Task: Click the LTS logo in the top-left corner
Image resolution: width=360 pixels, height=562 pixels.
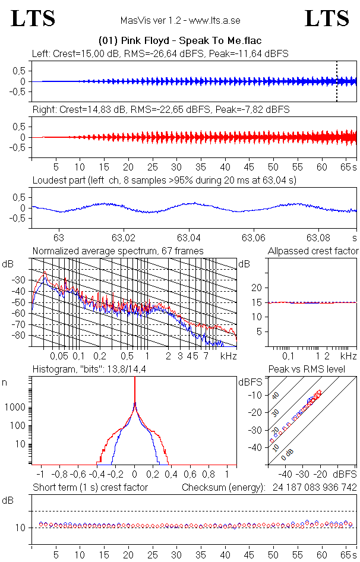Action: tap(33, 19)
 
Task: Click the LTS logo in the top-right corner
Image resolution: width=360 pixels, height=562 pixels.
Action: tap(327, 19)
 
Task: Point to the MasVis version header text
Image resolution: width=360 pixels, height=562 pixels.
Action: tap(180, 20)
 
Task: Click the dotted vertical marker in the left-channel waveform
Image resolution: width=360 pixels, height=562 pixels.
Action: tap(337, 81)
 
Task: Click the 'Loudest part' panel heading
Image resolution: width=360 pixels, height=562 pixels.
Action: tap(165, 180)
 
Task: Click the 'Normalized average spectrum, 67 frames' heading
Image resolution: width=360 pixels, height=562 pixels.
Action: tap(118, 251)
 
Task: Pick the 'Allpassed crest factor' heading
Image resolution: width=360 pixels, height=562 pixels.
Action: tap(313, 251)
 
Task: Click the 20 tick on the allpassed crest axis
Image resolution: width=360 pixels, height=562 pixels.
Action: tap(257, 288)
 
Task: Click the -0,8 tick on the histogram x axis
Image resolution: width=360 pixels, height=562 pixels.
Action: tap(59, 475)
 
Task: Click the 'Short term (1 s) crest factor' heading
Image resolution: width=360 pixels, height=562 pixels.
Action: tap(90, 487)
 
